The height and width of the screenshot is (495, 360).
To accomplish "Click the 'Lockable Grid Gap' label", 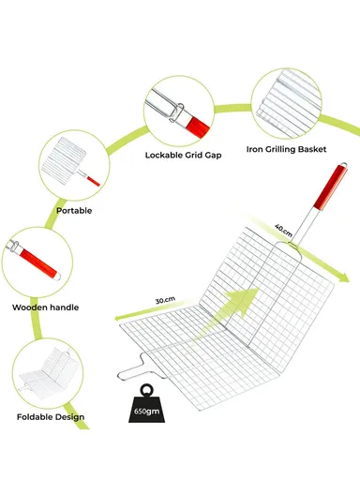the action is (183, 156).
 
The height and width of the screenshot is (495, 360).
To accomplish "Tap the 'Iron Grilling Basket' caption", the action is (286, 149).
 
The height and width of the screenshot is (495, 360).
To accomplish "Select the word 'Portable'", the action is (74, 211).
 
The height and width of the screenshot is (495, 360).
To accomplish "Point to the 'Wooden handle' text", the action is (46, 307).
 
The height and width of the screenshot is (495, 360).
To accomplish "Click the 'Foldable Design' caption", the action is (51, 417).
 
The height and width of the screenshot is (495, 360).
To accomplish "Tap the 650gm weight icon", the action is (147, 403).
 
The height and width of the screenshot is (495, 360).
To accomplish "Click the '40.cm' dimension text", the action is (283, 230).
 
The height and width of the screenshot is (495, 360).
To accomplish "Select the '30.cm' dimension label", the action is (165, 300).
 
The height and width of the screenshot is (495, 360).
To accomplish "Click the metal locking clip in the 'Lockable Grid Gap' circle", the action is (176, 112).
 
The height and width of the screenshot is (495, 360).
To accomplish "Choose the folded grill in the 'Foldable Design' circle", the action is (49, 373).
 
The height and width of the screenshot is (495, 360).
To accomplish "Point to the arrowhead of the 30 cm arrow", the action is (119, 318).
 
